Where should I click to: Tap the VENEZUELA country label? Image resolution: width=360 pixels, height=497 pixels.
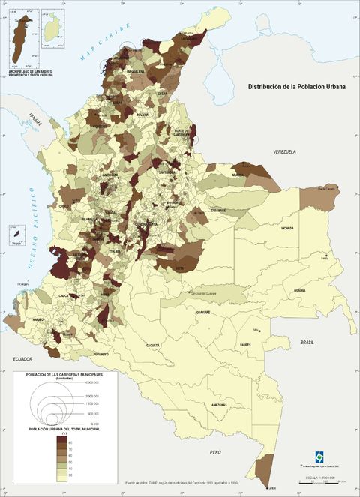[284, 151]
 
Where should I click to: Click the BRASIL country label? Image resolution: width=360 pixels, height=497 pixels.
[307, 342]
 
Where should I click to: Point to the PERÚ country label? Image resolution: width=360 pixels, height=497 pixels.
[216, 453]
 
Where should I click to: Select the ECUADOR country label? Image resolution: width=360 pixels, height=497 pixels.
[22, 360]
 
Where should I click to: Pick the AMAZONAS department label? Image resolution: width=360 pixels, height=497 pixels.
[219, 405]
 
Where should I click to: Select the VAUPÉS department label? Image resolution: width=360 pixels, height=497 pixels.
[244, 345]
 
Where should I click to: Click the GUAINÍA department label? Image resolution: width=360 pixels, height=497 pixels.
[299, 289]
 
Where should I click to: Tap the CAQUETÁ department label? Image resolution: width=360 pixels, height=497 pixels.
[153, 345]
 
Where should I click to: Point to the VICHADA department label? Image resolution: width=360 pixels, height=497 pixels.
[287, 228]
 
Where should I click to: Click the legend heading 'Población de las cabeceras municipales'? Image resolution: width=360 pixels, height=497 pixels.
[68, 374]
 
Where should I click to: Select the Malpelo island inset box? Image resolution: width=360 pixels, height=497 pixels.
[13, 235]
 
